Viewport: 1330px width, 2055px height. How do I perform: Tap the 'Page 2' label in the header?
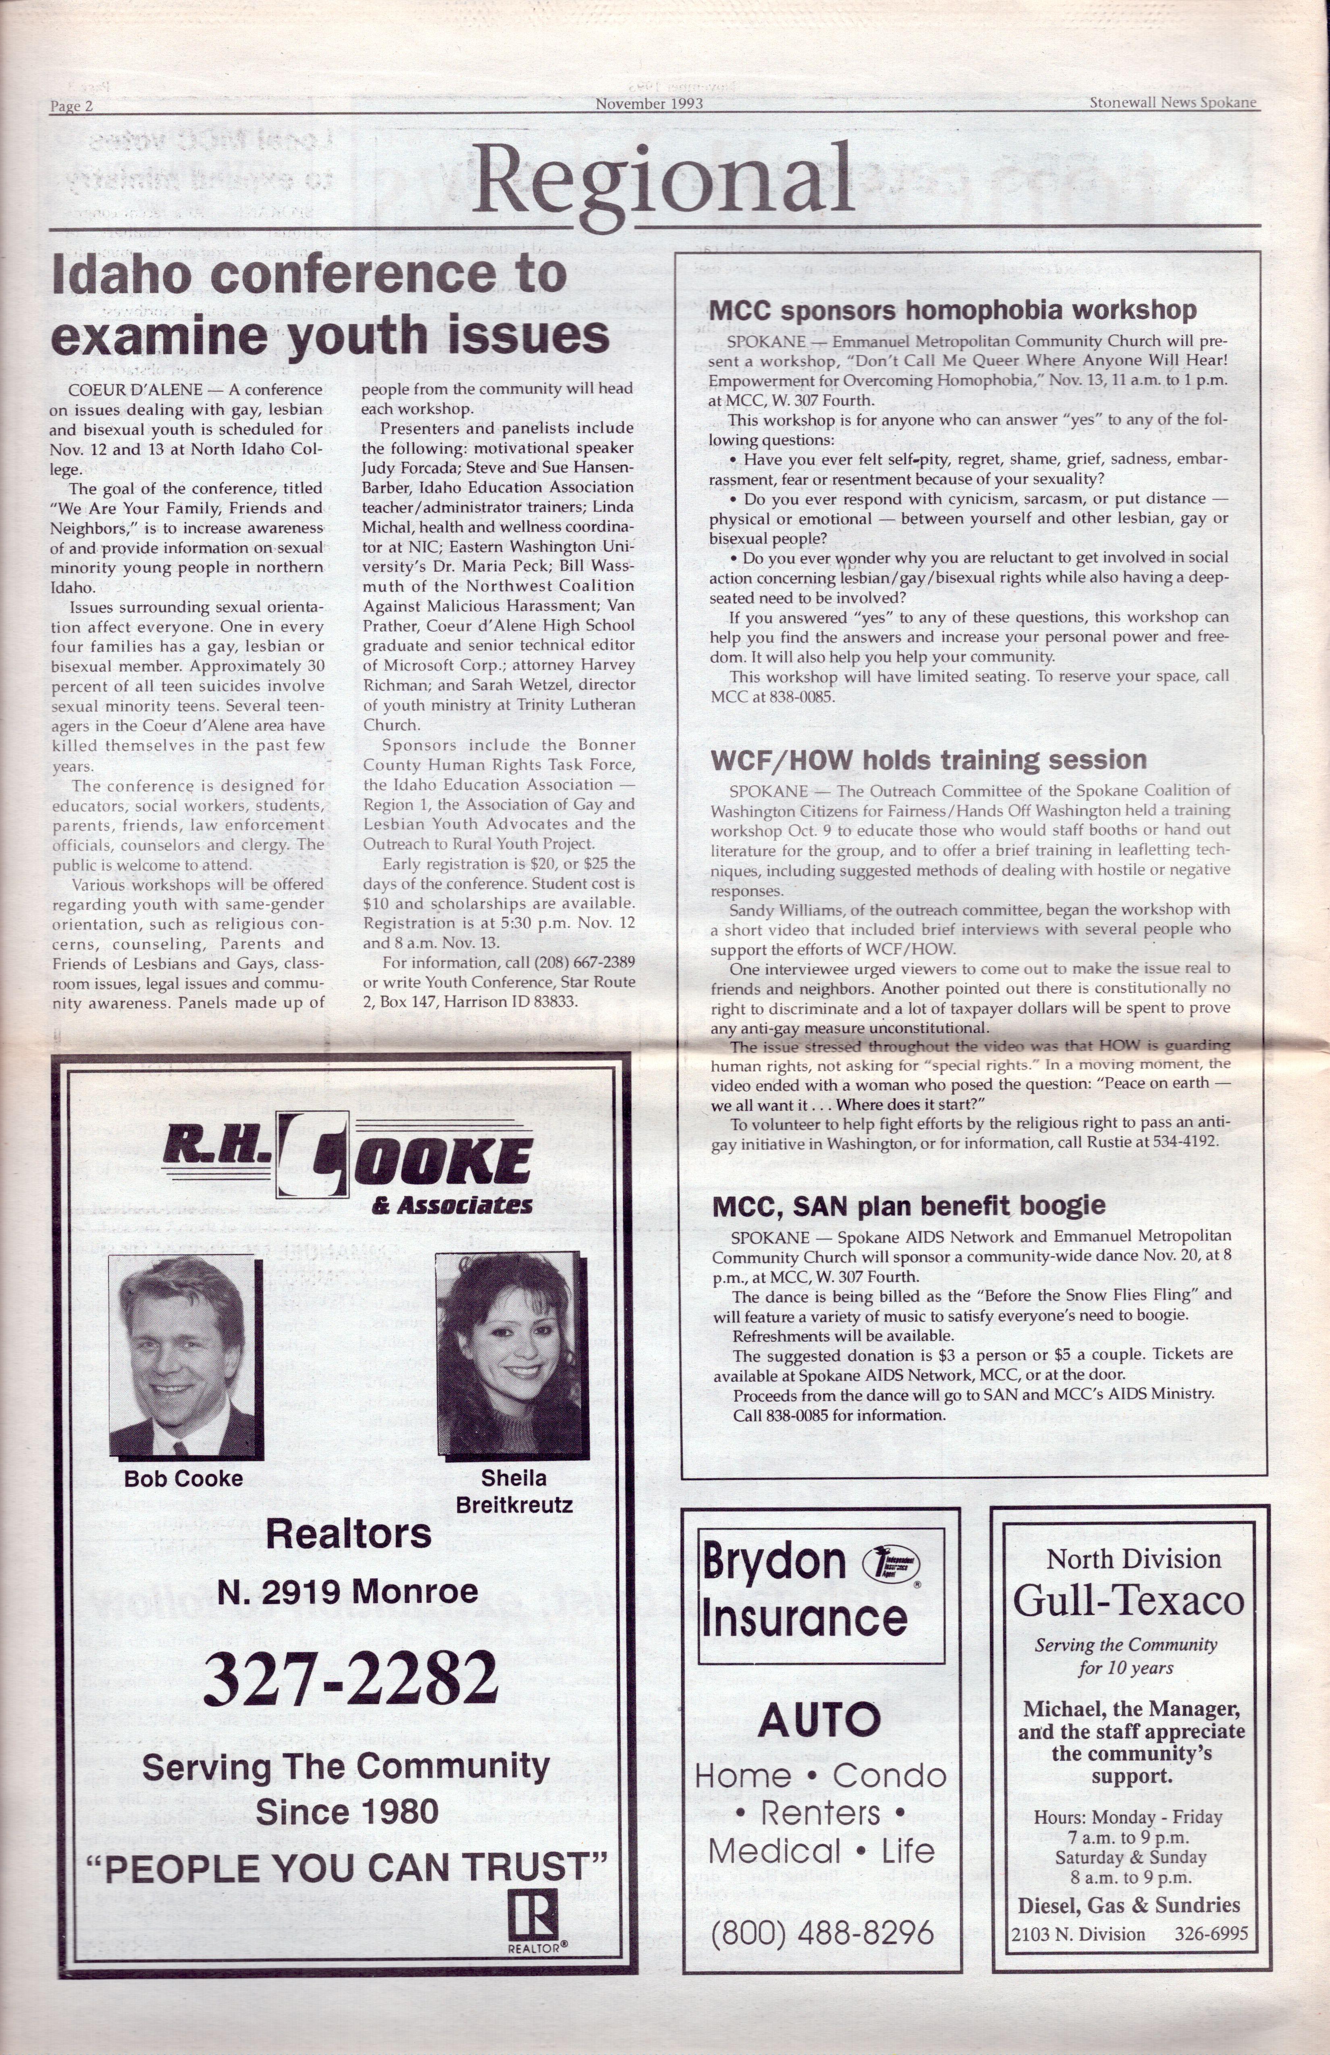click(72, 106)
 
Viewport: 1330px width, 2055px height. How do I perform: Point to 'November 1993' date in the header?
click(648, 104)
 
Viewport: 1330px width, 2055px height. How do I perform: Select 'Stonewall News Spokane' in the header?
click(1172, 103)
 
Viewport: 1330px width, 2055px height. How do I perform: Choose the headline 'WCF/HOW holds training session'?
click(929, 760)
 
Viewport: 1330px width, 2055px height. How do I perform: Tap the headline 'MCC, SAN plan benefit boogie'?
click(908, 1205)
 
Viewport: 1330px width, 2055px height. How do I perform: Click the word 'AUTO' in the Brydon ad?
click(820, 1721)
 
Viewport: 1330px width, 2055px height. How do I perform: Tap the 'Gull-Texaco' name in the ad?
click(1129, 1601)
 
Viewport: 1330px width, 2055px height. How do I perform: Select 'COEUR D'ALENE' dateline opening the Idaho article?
click(135, 389)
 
